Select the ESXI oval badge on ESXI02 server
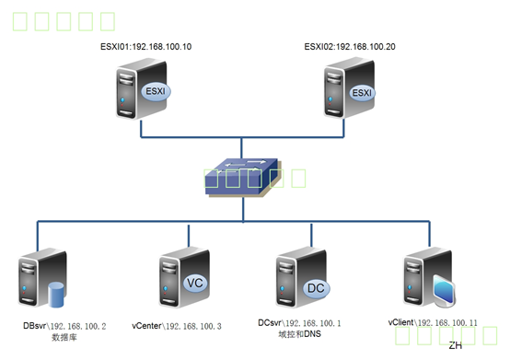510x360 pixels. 363,93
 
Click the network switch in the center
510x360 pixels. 241,177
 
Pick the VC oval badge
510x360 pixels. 194,284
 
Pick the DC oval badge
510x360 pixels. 316,288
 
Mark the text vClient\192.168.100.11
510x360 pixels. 433,324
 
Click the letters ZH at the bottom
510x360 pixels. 455,346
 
